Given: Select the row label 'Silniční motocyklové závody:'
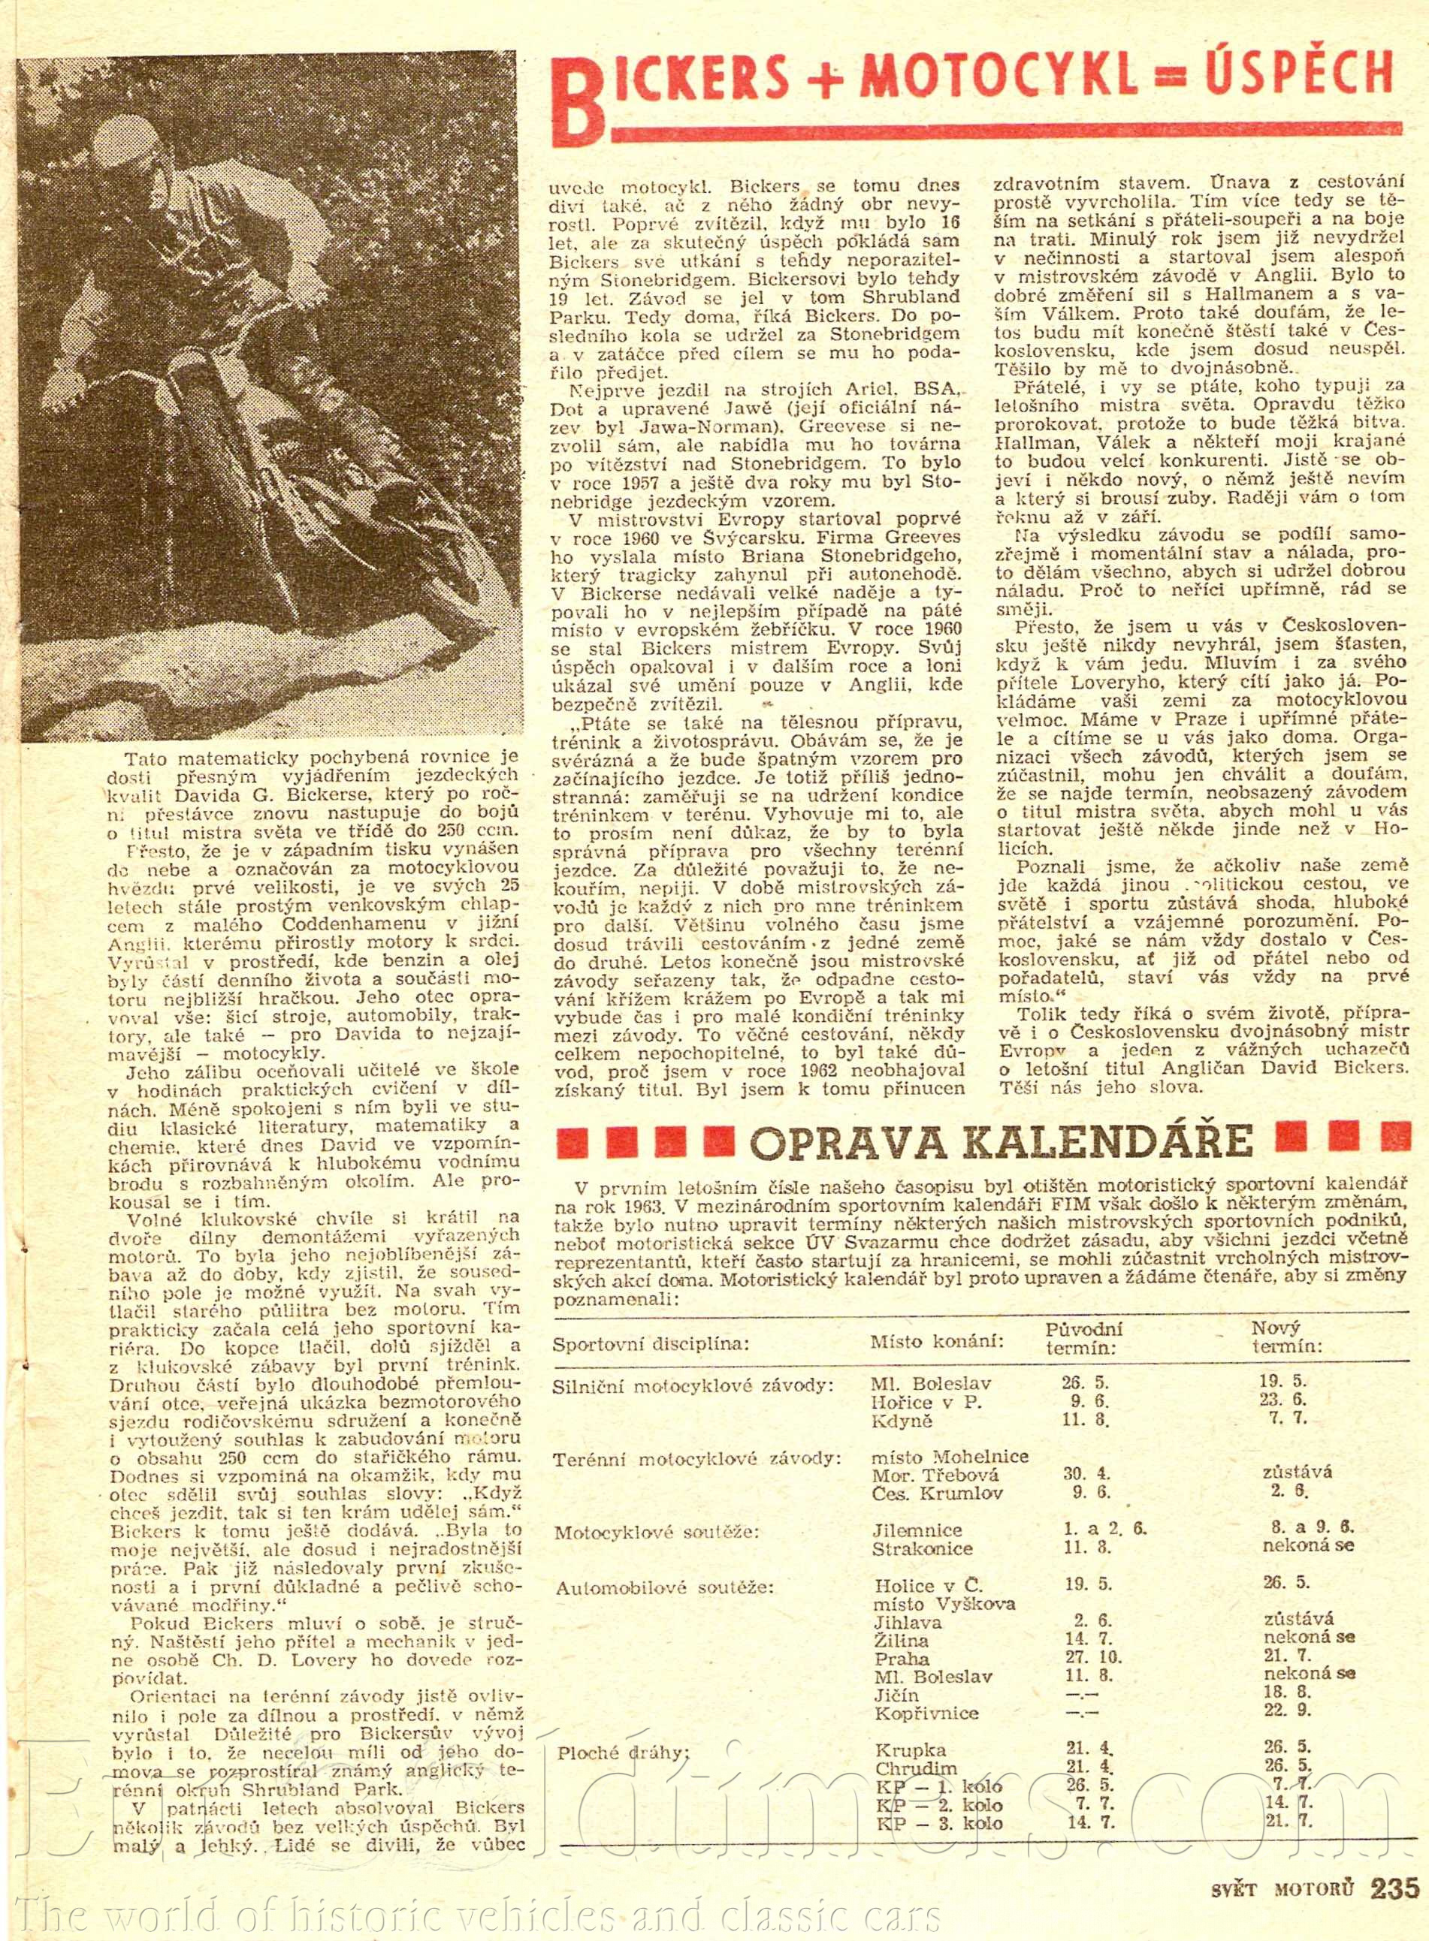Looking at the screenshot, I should pyautogui.click(x=693, y=1384).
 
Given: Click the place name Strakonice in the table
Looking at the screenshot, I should pyautogui.click(x=922, y=1548).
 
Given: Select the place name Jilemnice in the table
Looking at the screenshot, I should pyautogui.click(x=917, y=1530).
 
